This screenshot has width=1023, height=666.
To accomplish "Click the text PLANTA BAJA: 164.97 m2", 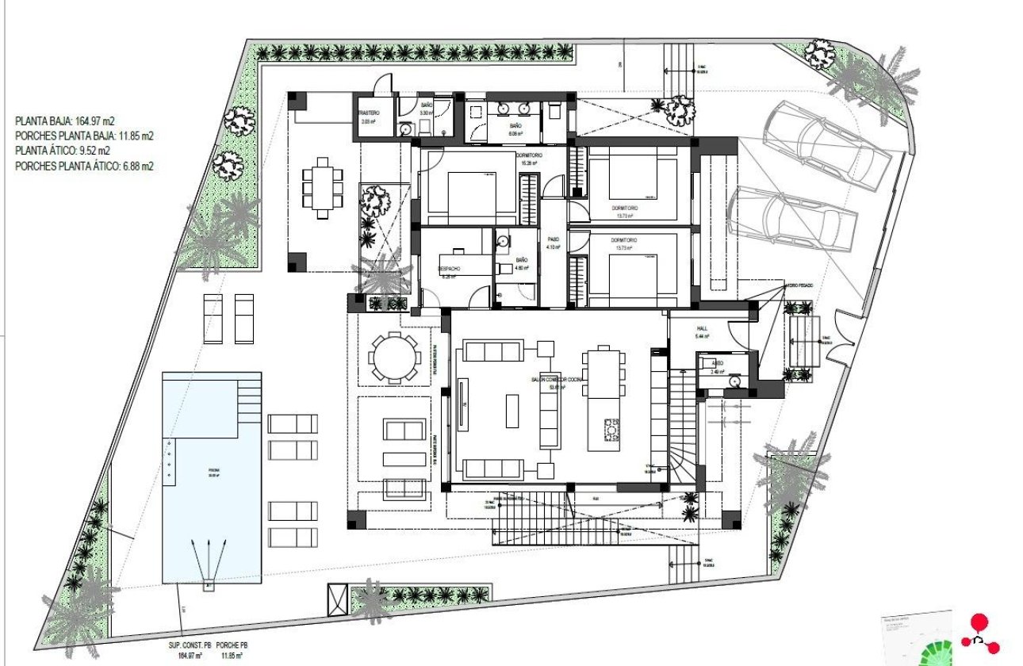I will tap(65, 121).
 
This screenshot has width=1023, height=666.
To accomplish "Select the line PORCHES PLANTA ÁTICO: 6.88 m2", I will tap(84, 166).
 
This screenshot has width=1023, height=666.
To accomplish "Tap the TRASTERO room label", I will tap(371, 114).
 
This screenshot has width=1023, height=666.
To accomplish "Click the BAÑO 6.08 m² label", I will tap(515, 127).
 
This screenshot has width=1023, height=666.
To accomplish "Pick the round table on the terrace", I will tap(395, 358).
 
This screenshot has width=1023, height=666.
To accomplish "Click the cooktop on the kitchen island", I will tap(611, 430).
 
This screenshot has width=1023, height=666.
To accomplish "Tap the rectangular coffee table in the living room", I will tap(513, 412).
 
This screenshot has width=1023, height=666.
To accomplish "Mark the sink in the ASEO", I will tap(736, 380).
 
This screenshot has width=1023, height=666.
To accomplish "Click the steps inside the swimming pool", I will tap(249, 396).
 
